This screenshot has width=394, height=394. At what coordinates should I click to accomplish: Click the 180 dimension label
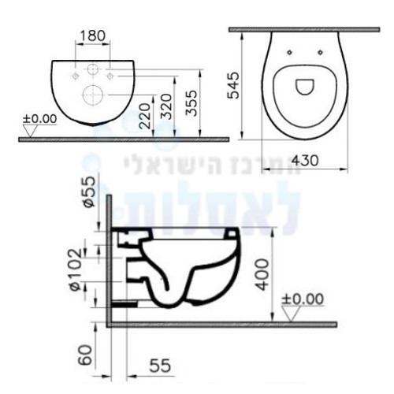(x=92, y=35)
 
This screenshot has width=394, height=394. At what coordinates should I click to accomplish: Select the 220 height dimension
(x=145, y=116)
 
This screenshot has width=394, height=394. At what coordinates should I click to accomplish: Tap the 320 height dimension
(x=166, y=106)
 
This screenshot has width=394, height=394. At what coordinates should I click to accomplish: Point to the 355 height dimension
(x=191, y=103)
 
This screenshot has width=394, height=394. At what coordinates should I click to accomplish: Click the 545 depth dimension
(x=233, y=85)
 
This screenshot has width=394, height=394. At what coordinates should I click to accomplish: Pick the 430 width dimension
(x=305, y=161)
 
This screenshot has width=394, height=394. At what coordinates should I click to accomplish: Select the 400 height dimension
(x=262, y=274)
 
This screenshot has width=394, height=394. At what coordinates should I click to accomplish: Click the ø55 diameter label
(x=88, y=191)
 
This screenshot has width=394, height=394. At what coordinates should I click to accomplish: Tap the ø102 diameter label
(x=76, y=270)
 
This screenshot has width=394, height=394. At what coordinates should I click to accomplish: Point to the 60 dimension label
(x=86, y=355)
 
